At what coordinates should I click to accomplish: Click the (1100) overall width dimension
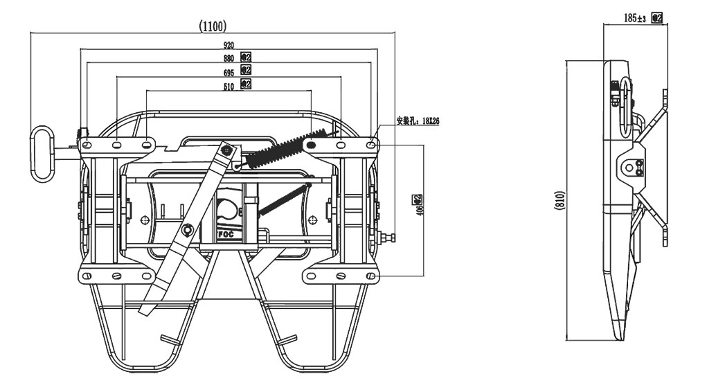point(213,26)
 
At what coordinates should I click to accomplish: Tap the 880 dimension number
point(228,57)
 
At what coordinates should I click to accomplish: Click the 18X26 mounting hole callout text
point(418,120)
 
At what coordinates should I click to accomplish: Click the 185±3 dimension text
point(634,18)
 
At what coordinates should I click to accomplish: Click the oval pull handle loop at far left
point(43,153)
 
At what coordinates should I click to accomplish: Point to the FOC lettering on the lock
point(226,235)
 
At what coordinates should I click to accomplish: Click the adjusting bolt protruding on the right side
point(387,239)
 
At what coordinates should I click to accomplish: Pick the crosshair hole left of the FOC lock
point(145,220)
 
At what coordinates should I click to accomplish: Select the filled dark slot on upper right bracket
point(312,145)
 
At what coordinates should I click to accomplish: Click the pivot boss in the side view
point(629,167)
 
